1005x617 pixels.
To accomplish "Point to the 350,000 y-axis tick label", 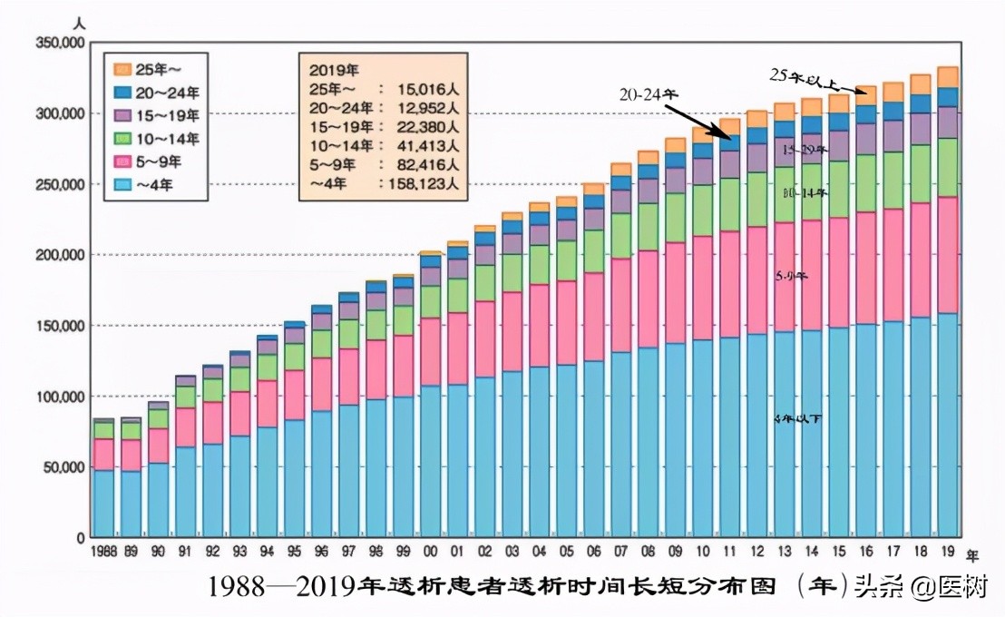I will pyautogui.click(x=61, y=42).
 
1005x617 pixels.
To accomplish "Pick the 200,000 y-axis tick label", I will pyautogui.click(x=61, y=255).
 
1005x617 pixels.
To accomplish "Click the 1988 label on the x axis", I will pyautogui.click(x=104, y=552).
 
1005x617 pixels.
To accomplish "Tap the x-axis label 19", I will pyautogui.click(x=948, y=552).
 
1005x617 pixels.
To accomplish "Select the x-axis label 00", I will pyautogui.click(x=430, y=552).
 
